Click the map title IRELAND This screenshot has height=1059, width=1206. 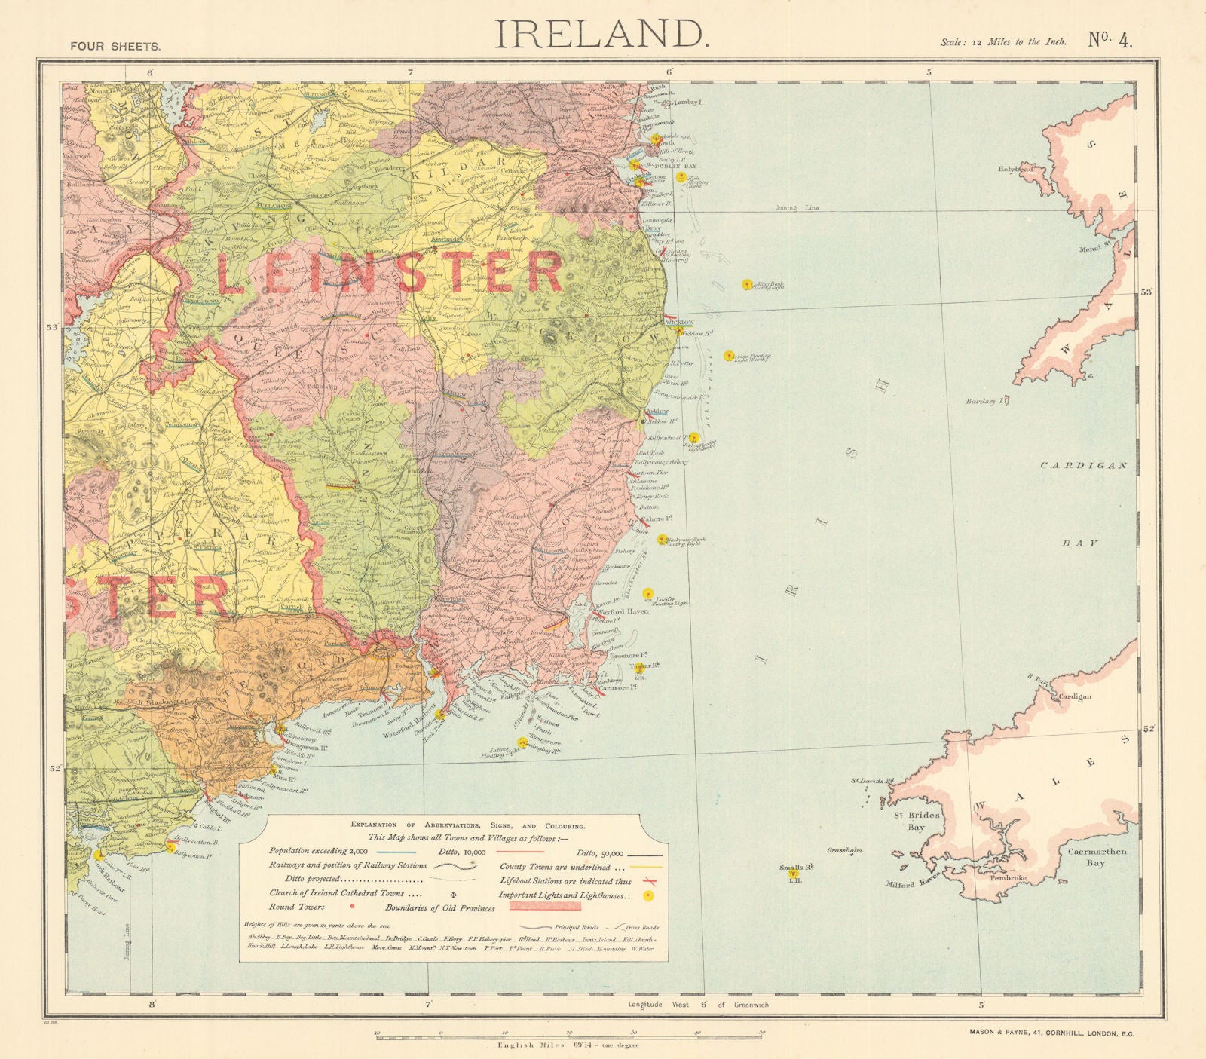(601, 35)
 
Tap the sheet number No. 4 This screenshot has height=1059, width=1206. (1110, 40)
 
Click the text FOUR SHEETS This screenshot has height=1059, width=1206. (115, 46)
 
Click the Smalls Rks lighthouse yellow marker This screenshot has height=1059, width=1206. (792, 874)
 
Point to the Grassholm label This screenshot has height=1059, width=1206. (844, 850)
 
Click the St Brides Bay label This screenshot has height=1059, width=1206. (906, 821)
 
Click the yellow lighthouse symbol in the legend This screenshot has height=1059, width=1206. (647, 895)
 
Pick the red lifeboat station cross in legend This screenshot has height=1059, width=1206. (645, 880)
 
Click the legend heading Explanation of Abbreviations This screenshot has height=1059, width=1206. (467, 825)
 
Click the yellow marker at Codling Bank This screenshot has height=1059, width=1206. (746, 284)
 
